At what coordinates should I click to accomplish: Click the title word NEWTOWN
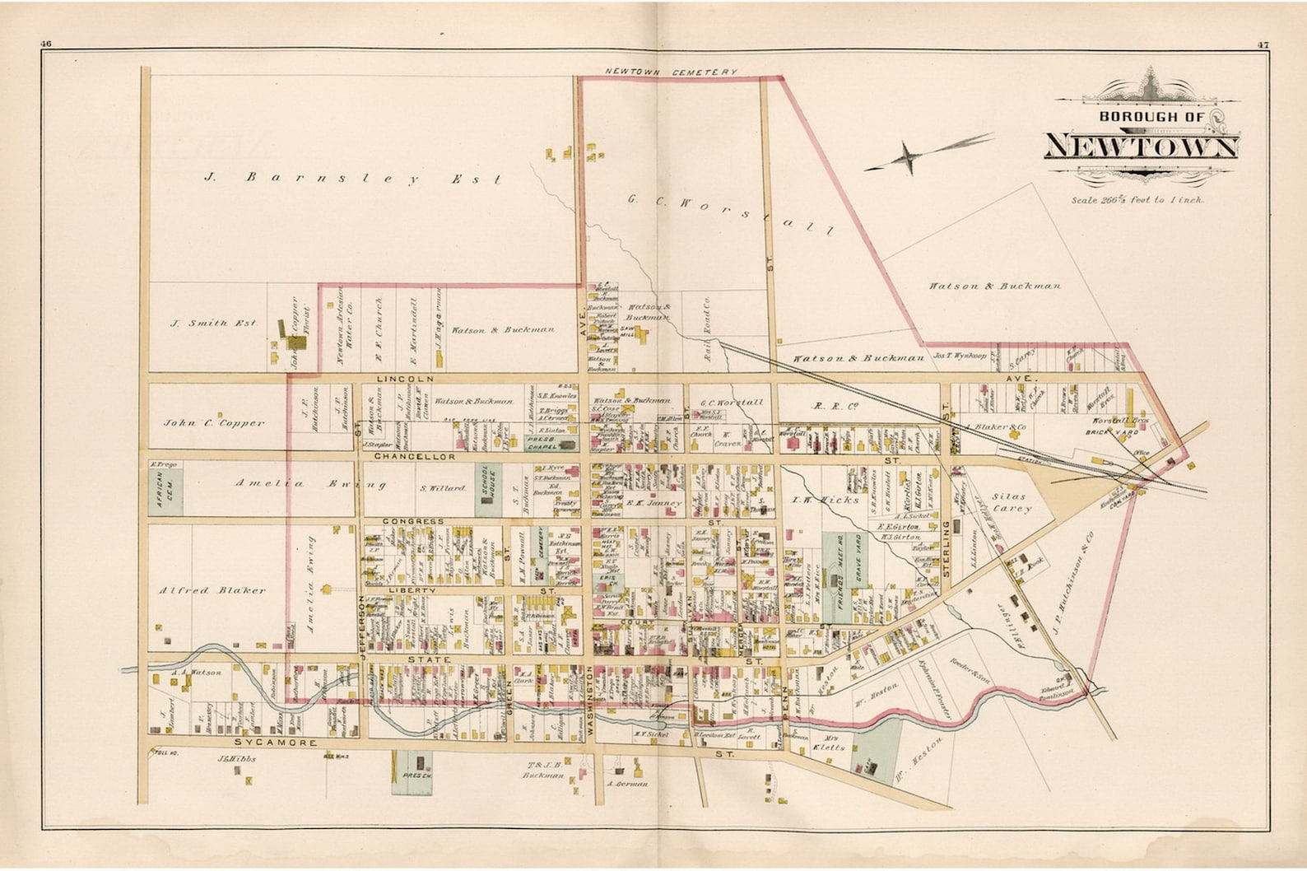1141,147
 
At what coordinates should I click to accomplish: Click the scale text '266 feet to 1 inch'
1137,200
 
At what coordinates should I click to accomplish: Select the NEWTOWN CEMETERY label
671,72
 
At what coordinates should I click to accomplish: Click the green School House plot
486,489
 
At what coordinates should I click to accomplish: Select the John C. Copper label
214,424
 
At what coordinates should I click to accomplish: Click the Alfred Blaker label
212,590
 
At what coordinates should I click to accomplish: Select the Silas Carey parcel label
1011,503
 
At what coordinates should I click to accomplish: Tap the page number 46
45,44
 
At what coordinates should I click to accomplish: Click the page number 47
1263,44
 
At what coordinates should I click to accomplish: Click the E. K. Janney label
654,503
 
